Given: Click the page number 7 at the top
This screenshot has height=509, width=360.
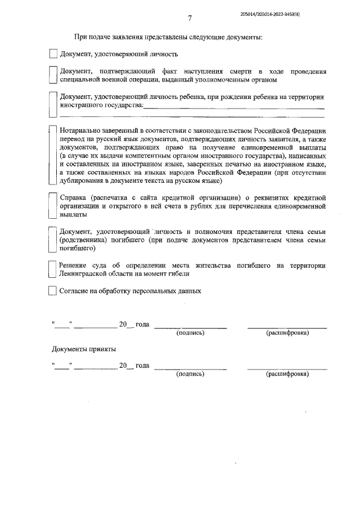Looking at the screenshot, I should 190,19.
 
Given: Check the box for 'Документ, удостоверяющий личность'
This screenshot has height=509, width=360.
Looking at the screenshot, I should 53,55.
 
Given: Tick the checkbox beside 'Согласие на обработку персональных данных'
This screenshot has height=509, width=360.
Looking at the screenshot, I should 53,291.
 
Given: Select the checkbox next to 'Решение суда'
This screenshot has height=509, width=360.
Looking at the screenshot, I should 52,269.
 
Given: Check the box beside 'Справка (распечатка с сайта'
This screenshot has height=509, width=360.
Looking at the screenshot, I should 52,206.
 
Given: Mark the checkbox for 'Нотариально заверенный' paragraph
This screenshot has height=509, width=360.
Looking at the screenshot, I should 52,155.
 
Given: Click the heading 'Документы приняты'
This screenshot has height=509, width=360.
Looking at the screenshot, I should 84,349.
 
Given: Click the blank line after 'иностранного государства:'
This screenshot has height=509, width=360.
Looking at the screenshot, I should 233,106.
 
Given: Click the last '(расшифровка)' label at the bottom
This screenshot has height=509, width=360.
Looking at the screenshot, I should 287,374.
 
